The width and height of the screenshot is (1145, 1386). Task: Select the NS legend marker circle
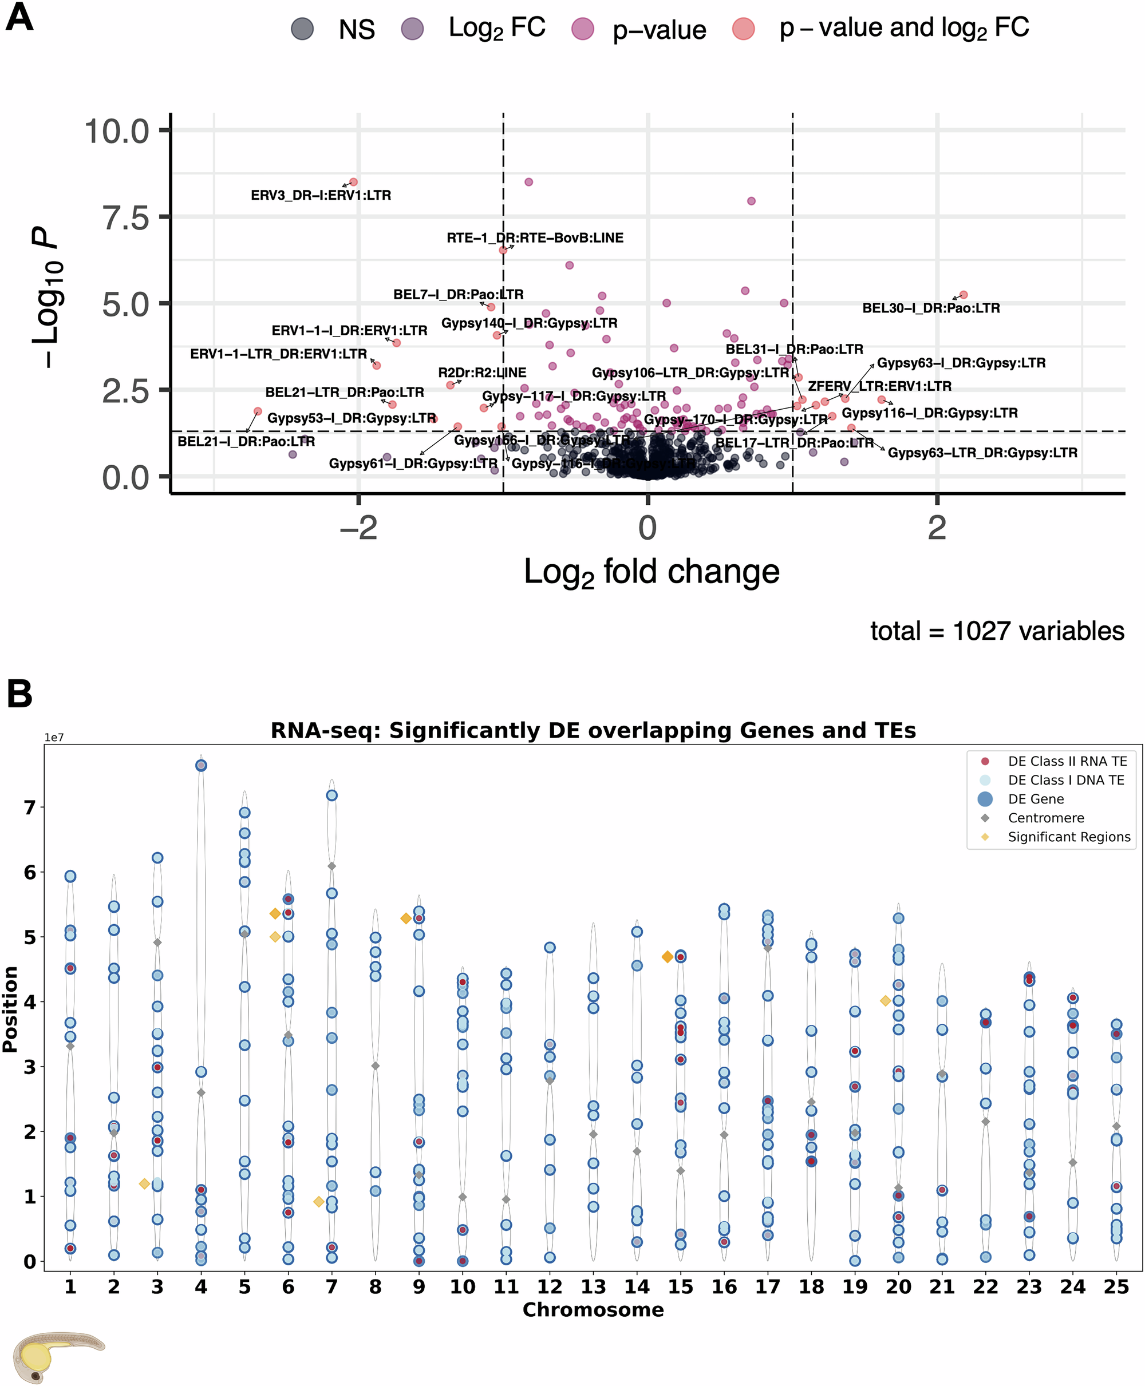point(302,29)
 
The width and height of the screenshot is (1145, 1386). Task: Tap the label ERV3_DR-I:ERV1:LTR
point(321,195)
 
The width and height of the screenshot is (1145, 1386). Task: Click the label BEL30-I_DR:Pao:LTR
point(931,308)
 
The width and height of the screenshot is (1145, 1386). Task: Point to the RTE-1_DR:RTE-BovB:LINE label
point(534,238)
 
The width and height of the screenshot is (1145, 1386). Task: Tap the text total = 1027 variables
point(997,631)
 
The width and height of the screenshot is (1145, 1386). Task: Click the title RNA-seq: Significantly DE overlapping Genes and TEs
point(593,731)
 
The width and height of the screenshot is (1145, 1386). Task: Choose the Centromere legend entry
point(1045,818)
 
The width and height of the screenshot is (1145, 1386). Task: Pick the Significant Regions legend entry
point(1068,837)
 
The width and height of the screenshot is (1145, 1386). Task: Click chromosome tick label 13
point(593,1286)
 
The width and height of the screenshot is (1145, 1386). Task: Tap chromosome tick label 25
point(1116,1286)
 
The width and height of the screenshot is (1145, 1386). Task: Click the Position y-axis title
point(10,1009)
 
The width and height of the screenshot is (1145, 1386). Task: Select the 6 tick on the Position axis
point(30,872)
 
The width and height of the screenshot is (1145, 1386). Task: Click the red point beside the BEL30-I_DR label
point(963,295)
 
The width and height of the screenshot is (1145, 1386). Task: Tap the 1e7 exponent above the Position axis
point(54,738)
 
